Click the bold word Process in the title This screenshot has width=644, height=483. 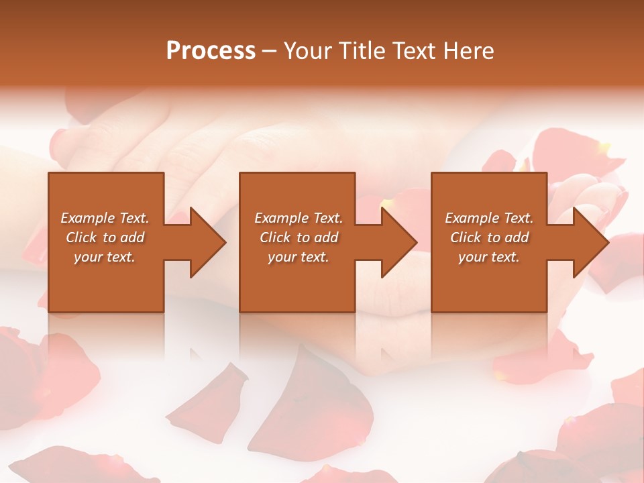[x=211, y=51]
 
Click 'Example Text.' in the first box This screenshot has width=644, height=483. [x=105, y=218]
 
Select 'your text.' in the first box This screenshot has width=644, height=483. [x=105, y=257]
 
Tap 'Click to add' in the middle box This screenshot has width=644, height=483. [x=299, y=237]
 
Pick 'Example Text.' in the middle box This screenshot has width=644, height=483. [x=299, y=218]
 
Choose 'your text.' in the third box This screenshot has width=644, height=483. [x=488, y=257]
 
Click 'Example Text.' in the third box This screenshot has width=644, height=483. [x=488, y=218]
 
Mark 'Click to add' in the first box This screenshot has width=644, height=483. [x=105, y=237]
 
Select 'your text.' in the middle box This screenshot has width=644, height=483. [x=299, y=257]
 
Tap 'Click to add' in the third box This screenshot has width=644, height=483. [x=488, y=237]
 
